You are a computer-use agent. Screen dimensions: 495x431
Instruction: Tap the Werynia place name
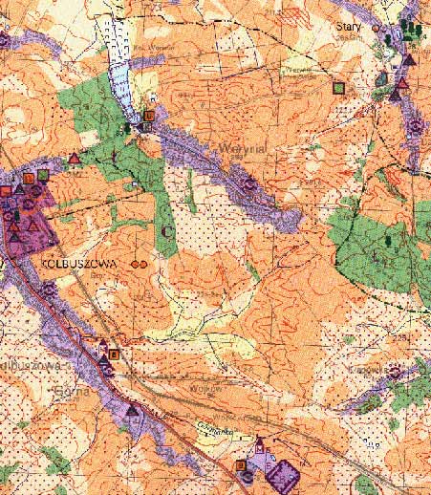click(x=235, y=148)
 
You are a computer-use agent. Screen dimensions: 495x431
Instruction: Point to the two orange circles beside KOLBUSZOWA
click(x=139, y=260)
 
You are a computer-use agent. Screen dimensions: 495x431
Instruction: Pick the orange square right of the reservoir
click(x=148, y=116)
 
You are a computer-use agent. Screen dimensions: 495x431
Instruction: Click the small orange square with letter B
click(x=115, y=354)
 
